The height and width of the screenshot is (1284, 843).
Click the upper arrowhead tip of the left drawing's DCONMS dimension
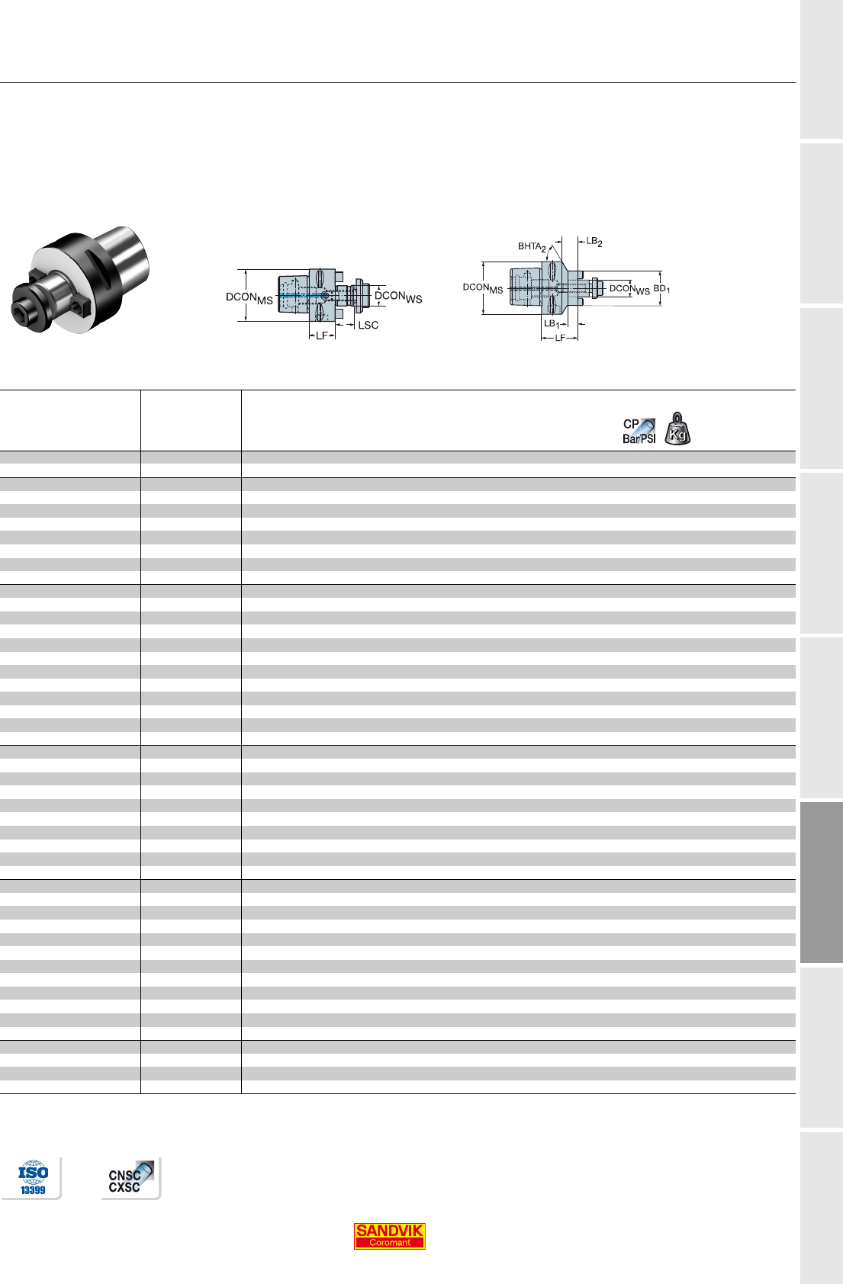pos(246,270)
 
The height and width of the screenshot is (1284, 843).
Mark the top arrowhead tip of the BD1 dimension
pos(660,271)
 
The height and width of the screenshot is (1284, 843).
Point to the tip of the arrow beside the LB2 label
pos(578,242)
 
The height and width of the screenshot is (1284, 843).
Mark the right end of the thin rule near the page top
pos(796,82)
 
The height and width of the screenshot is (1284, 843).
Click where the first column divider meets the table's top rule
pos(140,390)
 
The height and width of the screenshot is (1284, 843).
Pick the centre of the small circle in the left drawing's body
pos(325,295)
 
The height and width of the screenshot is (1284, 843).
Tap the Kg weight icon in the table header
pos(677,429)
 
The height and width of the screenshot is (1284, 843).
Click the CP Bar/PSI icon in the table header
pos(639,431)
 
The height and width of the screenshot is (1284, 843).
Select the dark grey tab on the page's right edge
pos(821,882)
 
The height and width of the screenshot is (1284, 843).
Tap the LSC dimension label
pos(368,325)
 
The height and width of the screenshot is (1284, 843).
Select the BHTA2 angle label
pos(532,246)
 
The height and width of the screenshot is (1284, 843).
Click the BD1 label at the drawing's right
pos(661,288)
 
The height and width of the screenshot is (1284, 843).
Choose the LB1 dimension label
pos(551,324)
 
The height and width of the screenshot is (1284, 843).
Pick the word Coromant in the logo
pos(389,1242)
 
